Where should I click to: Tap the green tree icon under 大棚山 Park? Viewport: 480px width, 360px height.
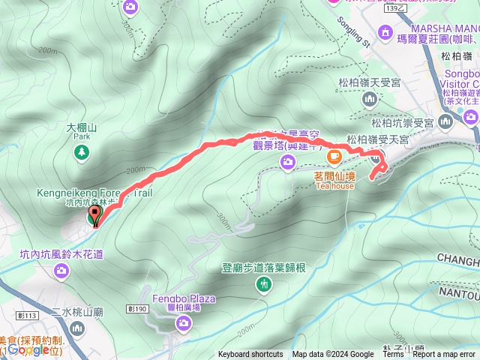[81, 152]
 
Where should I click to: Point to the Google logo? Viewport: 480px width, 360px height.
[30, 349]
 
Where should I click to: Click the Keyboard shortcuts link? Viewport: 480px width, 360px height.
[250, 355]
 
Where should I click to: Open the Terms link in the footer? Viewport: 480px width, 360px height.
[393, 355]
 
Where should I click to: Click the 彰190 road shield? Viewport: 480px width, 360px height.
[136, 308]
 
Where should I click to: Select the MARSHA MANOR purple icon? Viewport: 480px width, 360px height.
[386, 32]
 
